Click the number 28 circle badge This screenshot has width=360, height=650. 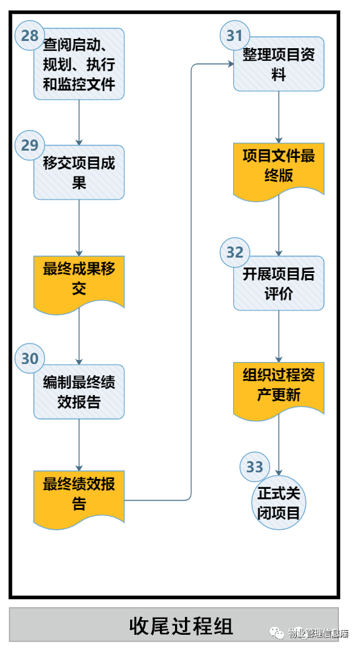click(x=30, y=35)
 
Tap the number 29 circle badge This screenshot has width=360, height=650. click(x=30, y=145)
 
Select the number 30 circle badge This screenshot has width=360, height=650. click(x=30, y=358)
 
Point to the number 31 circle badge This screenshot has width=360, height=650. click(x=234, y=35)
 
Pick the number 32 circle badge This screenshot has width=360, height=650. click(x=234, y=252)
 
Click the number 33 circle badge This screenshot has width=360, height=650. click(x=254, y=467)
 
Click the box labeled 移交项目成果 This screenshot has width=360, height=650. click(x=79, y=172)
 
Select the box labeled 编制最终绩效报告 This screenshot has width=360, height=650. click(x=79, y=392)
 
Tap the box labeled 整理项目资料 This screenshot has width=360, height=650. click(x=279, y=64)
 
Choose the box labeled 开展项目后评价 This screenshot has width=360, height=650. click(x=279, y=283)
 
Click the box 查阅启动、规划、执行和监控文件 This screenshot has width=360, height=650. click(x=79, y=64)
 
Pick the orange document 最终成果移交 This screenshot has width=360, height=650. click(x=79, y=284)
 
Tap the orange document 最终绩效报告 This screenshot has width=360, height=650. click(x=79, y=499)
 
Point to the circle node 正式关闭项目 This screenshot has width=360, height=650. click(x=279, y=503)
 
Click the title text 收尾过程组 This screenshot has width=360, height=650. click(x=181, y=626)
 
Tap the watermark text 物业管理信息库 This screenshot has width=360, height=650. click(x=318, y=633)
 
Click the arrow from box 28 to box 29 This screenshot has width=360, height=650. click(x=79, y=123)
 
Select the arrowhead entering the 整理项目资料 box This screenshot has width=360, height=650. click(x=231, y=64)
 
